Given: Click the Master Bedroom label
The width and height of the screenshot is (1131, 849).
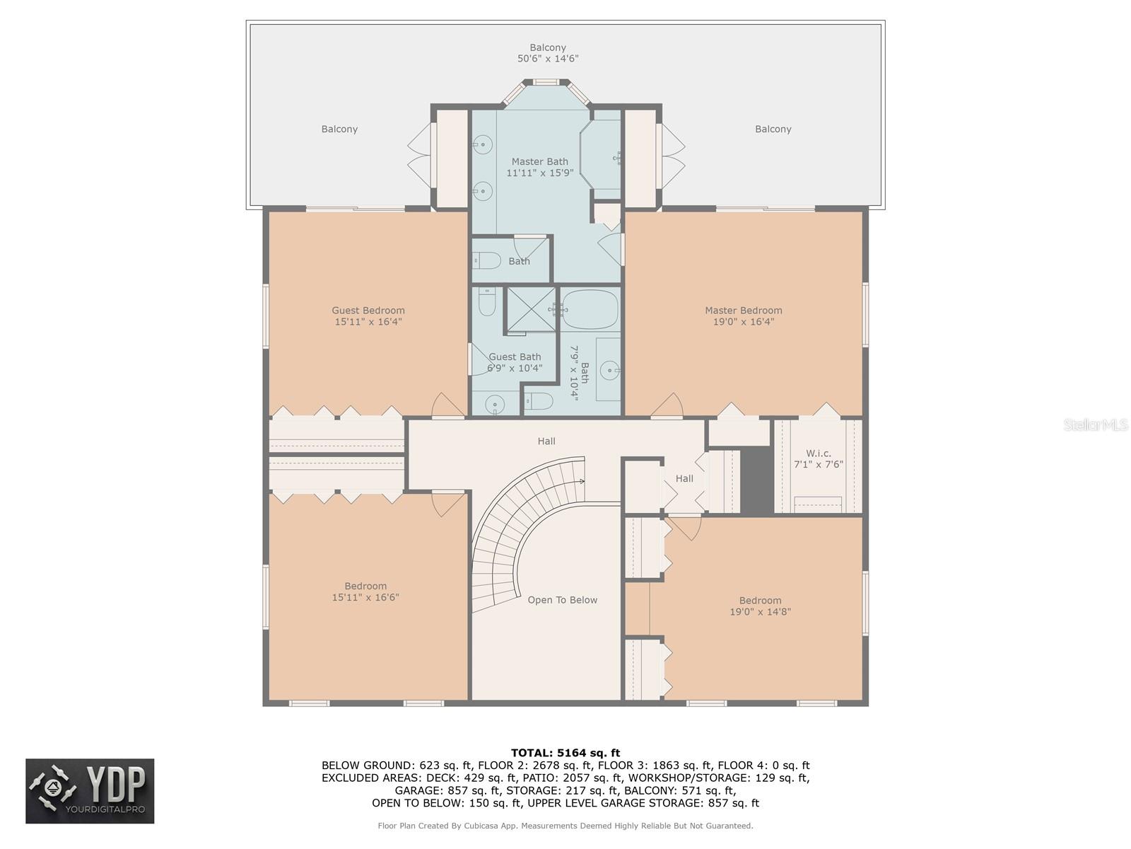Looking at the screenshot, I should point(743,310).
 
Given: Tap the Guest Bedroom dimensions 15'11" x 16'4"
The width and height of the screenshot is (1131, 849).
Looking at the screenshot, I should point(368,322).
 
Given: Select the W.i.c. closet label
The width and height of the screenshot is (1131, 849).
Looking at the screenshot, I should point(818,454).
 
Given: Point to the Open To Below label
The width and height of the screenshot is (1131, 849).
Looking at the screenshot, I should point(562,600).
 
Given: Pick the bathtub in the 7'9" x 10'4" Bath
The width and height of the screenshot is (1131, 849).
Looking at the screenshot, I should point(590,309).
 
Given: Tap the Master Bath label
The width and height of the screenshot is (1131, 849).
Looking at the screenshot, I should point(539,161).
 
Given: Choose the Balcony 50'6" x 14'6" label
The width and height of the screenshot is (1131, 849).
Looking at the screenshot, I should point(548,53).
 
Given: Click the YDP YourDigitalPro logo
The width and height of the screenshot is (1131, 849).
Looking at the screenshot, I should point(90,791).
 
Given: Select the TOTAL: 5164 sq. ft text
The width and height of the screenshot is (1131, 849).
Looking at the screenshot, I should point(565,753).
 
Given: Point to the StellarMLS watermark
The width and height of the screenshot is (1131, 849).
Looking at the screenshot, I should point(1095,424).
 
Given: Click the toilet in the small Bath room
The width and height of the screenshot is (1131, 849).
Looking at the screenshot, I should point(488,260).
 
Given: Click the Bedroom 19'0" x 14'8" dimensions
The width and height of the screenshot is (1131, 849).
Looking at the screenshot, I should point(760,612).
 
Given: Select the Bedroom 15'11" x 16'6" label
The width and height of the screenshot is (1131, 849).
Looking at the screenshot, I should point(365,586).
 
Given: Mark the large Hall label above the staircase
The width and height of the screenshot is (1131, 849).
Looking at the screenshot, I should point(546,441).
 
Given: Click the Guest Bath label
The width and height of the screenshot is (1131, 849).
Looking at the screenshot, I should point(515,357).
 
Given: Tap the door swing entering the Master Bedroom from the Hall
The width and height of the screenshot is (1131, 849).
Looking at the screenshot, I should point(668,406).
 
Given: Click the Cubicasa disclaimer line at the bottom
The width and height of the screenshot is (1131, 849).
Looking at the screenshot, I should point(565,826).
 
